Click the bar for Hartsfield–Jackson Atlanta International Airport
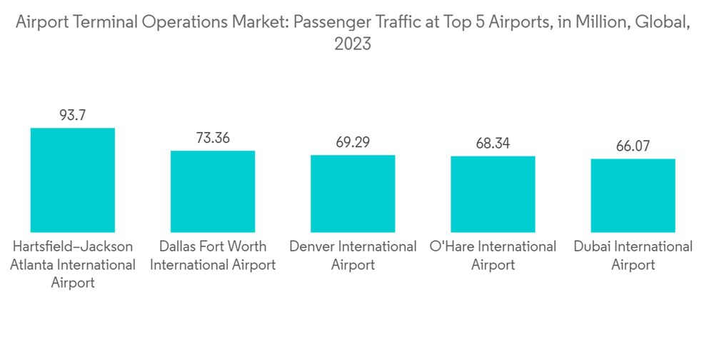pyautogui.click(x=72, y=180)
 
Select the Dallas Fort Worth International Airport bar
pyautogui.click(x=212, y=191)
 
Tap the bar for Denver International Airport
pyautogui.click(x=353, y=194)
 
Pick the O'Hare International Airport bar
pyautogui.click(x=493, y=194)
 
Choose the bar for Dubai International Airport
pyautogui.click(x=633, y=196)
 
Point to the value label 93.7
pyautogui.click(x=72, y=115)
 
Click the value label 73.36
pyautogui.click(x=212, y=138)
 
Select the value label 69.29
pyautogui.click(x=353, y=142)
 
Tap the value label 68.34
pyautogui.click(x=493, y=144)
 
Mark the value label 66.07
pyautogui.click(x=633, y=146)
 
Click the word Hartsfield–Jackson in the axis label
pyautogui.click(x=72, y=247)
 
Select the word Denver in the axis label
pyautogui.click(x=311, y=247)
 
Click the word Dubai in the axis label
pyautogui.click(x=593, y=247)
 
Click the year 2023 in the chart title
pyautogui.click(x=353, y=44)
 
